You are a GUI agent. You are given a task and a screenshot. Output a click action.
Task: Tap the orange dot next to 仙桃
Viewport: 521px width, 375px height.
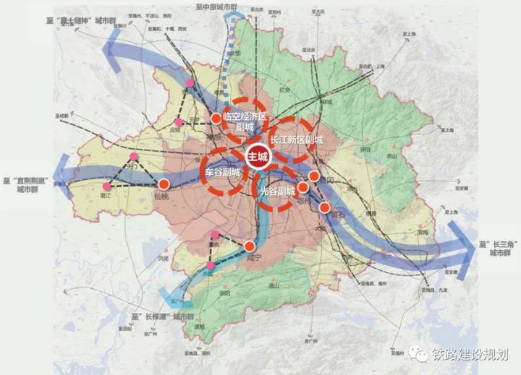[164, 184]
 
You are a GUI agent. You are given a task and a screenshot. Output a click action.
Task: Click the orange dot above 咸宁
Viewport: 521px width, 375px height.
[250, 246]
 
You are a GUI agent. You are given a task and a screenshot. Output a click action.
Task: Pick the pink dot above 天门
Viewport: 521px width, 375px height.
[133, 157]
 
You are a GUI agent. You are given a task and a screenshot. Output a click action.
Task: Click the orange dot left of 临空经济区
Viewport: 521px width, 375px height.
[216, 118]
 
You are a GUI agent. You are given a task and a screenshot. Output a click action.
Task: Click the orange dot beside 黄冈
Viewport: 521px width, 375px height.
[314, 176]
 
